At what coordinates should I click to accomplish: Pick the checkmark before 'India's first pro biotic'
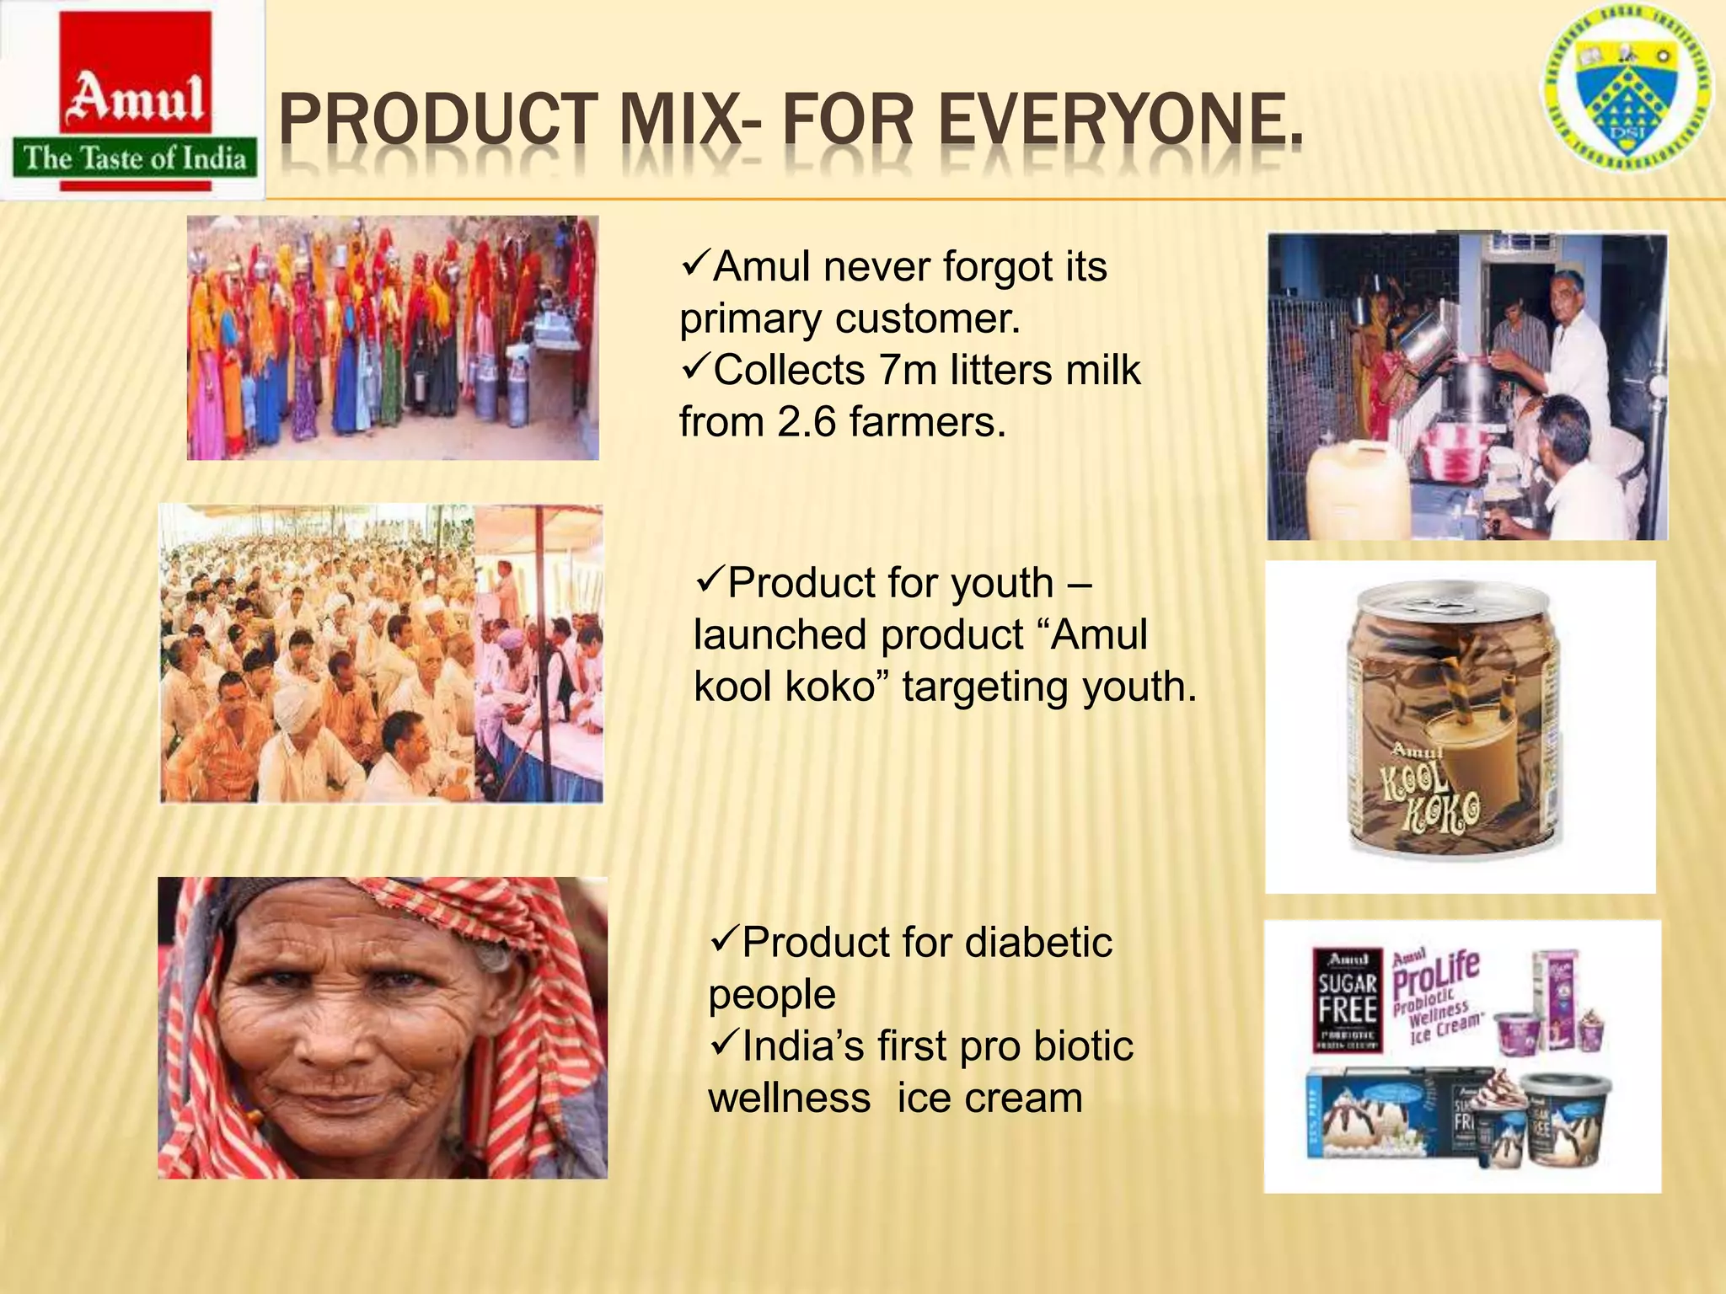[723, 1045]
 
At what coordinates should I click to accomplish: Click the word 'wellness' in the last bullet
[790, 1099]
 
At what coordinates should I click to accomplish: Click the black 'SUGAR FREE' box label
[1347, 999]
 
